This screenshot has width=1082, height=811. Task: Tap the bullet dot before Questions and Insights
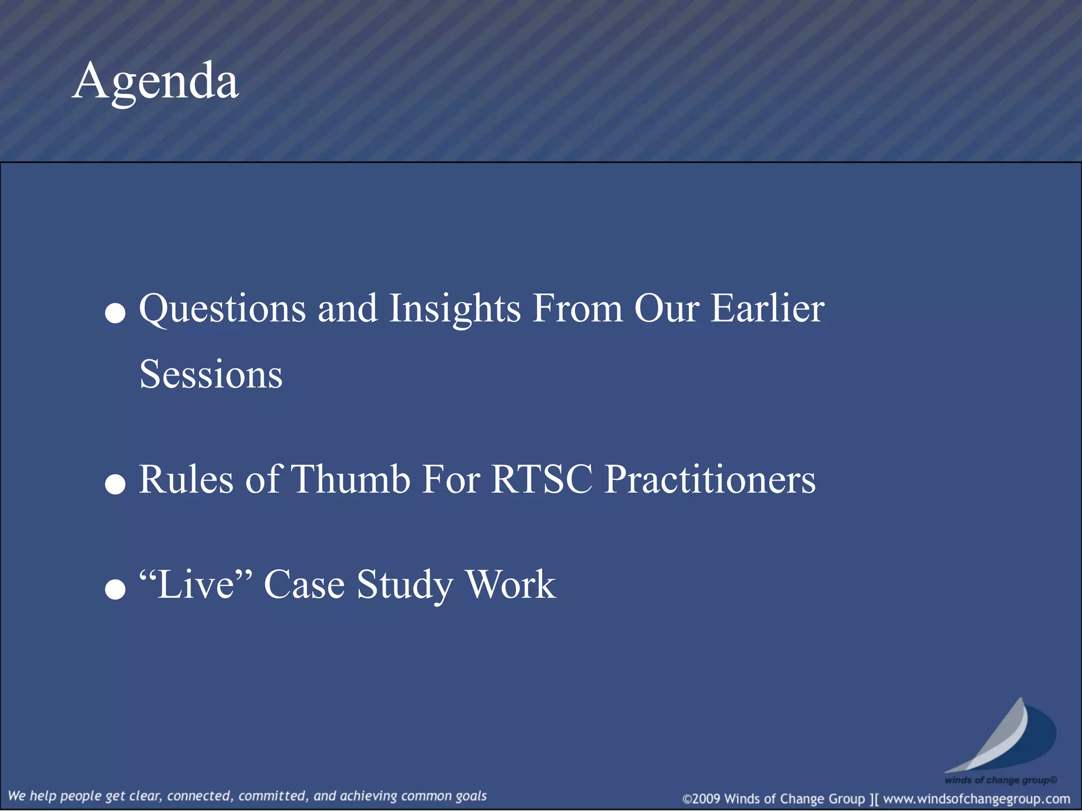pos(115,313)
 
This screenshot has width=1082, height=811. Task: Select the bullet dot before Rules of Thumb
pos(115,484)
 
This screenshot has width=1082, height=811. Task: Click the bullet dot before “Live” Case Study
pos(115,589)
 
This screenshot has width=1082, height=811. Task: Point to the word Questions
pos(222,309)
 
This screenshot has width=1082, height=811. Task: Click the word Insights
pos(455,309)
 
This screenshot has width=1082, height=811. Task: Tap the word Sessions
pos(211,374)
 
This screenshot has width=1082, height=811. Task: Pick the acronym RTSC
pos(542,479)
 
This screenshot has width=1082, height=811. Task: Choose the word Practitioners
pos(710,479)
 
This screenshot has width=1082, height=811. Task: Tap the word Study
pos(405,585)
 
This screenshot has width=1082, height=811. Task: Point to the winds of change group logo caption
pos(1001,780)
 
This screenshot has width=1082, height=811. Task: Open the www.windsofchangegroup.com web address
pos(976,799)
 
